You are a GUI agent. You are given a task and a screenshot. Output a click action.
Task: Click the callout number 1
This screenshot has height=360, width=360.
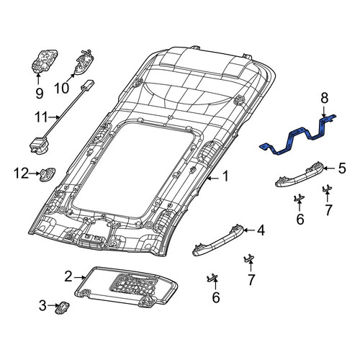coord(225,177)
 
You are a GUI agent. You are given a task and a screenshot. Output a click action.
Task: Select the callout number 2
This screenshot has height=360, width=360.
coord(68,276)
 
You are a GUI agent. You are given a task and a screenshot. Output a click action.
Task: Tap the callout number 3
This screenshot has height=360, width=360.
coord(42,305)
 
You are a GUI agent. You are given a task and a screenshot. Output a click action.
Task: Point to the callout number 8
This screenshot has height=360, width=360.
coord(324,99)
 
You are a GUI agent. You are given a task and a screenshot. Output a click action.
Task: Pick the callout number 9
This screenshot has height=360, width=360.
coord(40,93)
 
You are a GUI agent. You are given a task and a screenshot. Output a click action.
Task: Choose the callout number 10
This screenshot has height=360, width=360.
coord(62,88)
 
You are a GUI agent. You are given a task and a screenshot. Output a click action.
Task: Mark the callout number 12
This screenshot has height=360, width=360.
coord(21,173)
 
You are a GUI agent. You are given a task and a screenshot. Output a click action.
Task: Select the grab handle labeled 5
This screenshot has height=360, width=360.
coord(300,174)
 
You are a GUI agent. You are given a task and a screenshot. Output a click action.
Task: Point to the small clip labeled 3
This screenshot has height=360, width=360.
coord(62,307)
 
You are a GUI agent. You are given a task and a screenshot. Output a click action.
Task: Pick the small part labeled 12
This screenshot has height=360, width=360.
coord(48,174)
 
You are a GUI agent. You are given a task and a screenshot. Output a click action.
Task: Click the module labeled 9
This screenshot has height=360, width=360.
coord(44,60)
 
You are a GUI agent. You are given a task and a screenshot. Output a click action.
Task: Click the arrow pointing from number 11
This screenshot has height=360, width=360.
coord(54,117)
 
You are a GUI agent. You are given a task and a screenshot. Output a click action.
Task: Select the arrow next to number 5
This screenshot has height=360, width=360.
coord(329,168)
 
